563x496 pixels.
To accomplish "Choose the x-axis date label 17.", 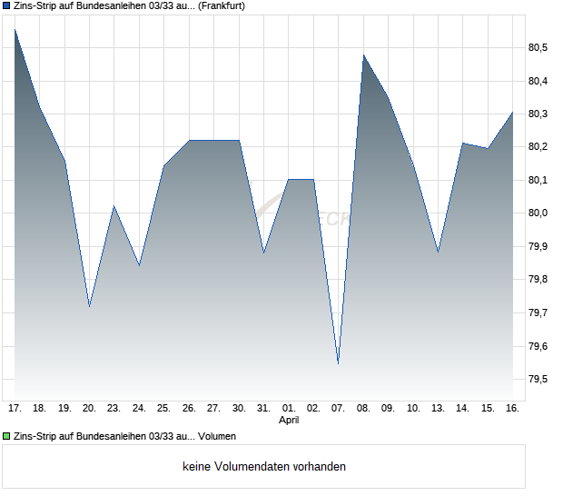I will coord(15,409).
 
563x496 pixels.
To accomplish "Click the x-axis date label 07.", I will coord(338,409).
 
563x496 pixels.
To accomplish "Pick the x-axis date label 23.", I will coord(114,409).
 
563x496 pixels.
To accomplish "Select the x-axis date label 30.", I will coord(239,409).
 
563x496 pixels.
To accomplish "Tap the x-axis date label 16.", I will coord(512,409).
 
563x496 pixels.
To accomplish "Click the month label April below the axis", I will coord(289,421).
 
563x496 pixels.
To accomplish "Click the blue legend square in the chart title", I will coord(6,5).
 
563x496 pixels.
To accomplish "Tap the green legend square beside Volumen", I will coord(6,436).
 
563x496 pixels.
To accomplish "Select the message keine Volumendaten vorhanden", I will coord(264,467).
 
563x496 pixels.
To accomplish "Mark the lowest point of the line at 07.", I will coord(338,363).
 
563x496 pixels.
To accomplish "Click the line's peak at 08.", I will coord(363,55).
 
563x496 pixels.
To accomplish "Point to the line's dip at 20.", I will coord(89,306).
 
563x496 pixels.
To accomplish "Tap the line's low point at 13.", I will coord(438,252).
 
